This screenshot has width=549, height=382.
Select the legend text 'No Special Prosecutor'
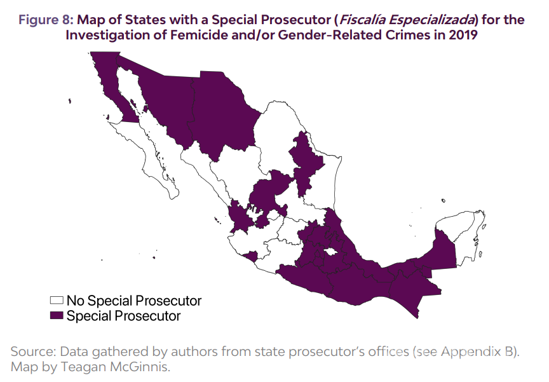coord(134,301)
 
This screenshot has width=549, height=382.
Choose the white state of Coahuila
coord(273,127)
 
